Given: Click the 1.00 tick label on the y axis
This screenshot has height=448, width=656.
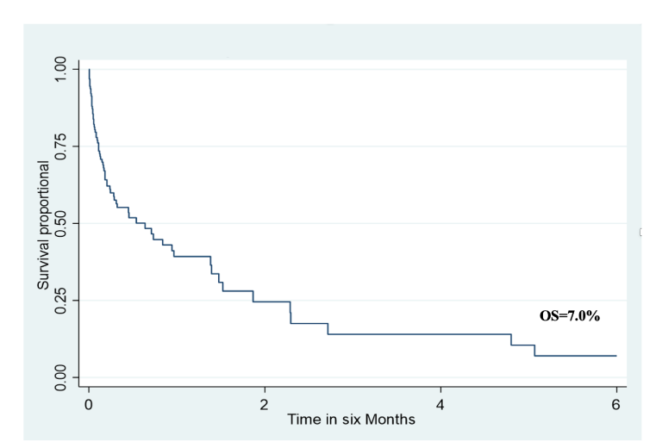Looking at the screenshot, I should point(59,69).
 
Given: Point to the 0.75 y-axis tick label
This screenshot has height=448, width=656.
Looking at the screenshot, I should point(59,146).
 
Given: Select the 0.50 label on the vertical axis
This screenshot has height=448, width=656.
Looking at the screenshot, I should point(59,223).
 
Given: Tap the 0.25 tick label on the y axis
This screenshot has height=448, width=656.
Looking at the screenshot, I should point(59,300).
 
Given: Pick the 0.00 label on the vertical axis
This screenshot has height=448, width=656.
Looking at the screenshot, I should point(59,376).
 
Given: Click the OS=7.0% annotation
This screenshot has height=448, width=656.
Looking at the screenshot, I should point(569,316).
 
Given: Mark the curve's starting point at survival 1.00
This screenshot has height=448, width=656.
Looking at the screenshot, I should point(89,69).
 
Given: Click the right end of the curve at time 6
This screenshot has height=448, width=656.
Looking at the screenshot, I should point(615,355).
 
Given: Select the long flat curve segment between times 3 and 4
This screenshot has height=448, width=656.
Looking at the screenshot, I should point(397,333).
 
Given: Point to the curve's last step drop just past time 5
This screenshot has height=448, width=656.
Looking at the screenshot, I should point(534,350).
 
